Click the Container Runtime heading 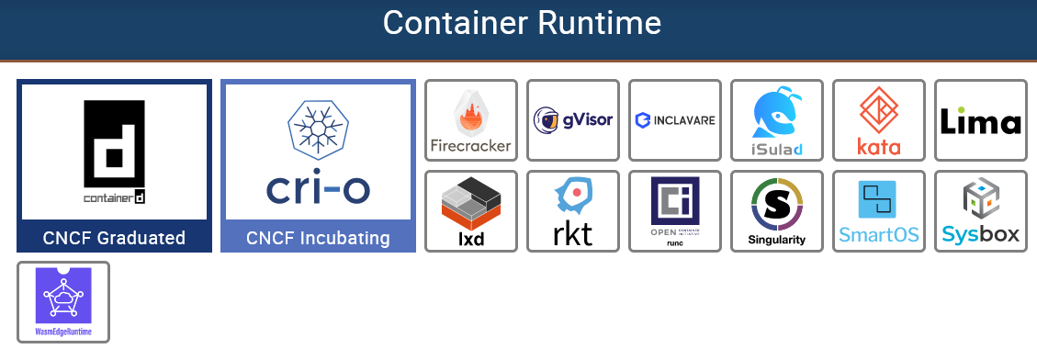point(521,23)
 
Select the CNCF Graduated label point(115,239)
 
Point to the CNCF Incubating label point(318,239)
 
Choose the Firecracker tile point(471,120)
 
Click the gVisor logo point(573,120)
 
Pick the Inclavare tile point(675,120)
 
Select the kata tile point(879,120)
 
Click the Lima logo point(980,120)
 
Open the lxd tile point(471,210)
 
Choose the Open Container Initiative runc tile point(675,210)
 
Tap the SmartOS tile point(879,210)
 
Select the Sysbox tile point(980,210)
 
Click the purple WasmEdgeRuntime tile point(63,302)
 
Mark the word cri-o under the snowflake point(318,188)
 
